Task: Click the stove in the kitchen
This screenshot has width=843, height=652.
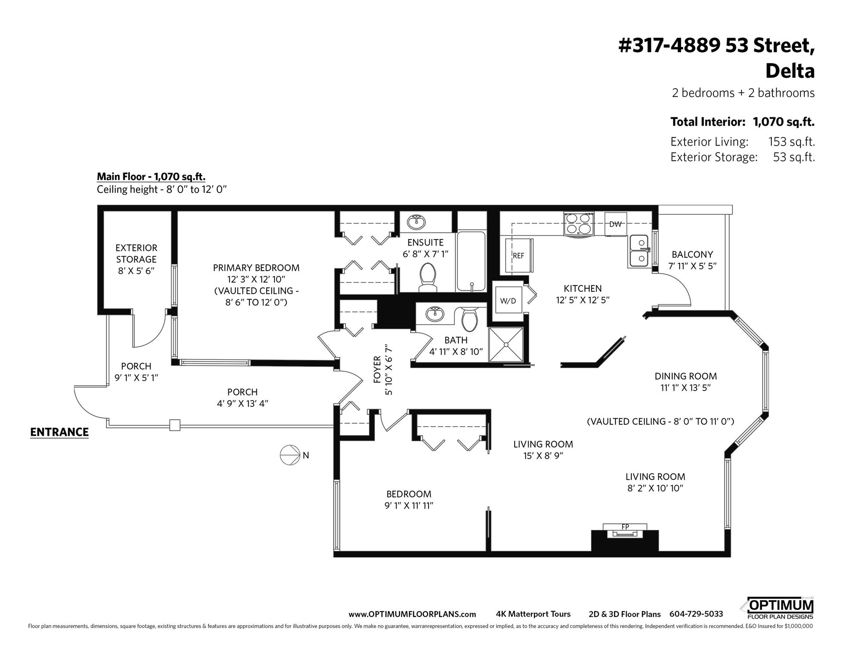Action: coord(579,224)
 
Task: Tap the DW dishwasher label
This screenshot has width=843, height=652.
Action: coord(615,225)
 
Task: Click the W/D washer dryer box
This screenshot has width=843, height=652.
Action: coord(508,301)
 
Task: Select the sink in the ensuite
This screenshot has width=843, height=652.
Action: coord(415,222)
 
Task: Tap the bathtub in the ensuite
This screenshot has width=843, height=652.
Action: coord(471,261)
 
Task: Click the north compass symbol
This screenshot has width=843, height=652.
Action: coord(289,455)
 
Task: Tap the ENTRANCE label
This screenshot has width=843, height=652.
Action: coord(59,432)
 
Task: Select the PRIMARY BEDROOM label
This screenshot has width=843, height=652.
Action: coord(256,268)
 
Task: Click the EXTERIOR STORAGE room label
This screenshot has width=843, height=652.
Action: coord(136,254)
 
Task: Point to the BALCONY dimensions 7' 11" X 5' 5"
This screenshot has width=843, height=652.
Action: coord(692,266)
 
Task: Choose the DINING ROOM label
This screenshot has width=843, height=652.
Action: coord(686,376)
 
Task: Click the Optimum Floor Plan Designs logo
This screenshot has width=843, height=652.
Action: coord(777,609)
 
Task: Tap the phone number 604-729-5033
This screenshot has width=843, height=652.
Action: coord(696,614)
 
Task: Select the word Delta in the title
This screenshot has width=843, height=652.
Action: coord(790,71)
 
